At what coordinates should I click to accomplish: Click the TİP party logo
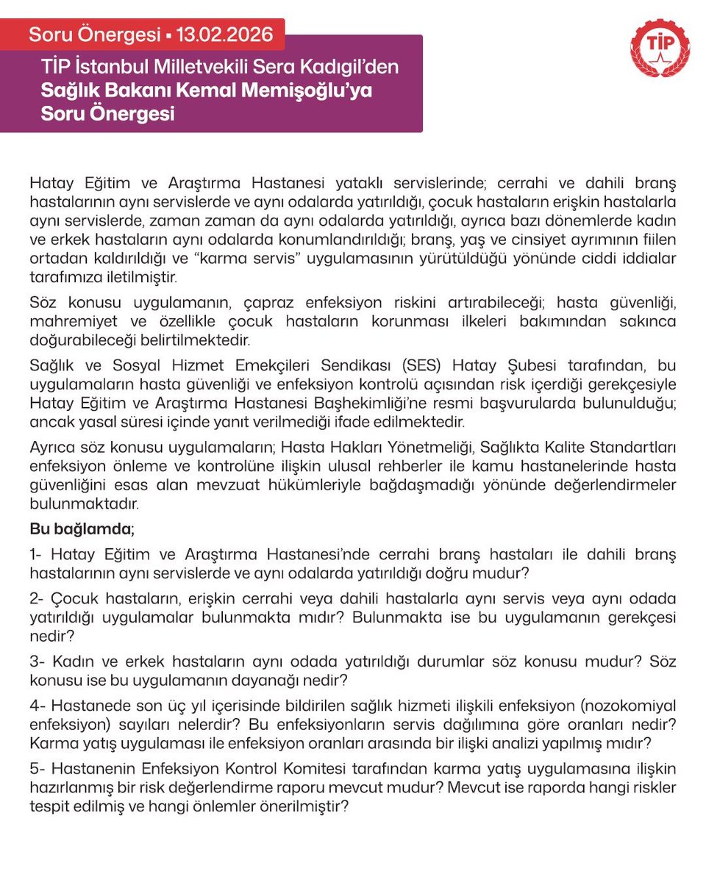[x=660, y=48]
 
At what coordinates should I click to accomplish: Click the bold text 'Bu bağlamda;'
[x=82, y=529]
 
